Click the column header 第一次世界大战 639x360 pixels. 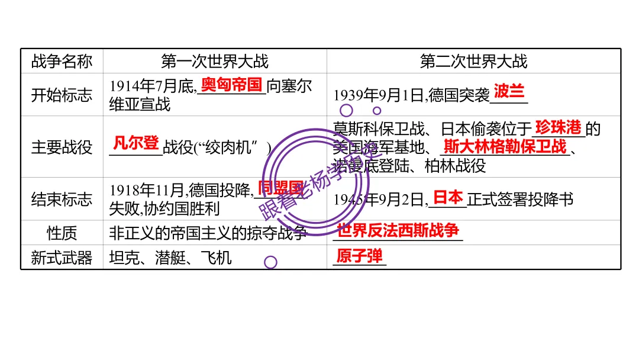coord(214,61)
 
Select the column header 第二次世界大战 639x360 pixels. coord(473,61)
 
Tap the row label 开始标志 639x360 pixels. coord(62,95)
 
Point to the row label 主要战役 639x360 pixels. coord(62,147)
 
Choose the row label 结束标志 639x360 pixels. coord(62,199)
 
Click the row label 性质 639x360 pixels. coord(62,233)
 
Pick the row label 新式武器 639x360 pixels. coord(62,258)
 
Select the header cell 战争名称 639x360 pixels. coord(62,61)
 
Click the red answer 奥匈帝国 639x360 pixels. coord(231,85)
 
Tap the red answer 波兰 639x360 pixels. coord(509,91)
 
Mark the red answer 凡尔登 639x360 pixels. coord(135,143)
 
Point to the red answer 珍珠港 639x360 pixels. coord(559,127)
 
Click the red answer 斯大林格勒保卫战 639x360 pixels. coord(505,146)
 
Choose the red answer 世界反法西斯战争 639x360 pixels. coord(398,230)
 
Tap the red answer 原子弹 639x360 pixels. coord(359,256)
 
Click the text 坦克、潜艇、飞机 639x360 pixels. coord(170,258)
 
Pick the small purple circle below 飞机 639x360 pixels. coord(270,262)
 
